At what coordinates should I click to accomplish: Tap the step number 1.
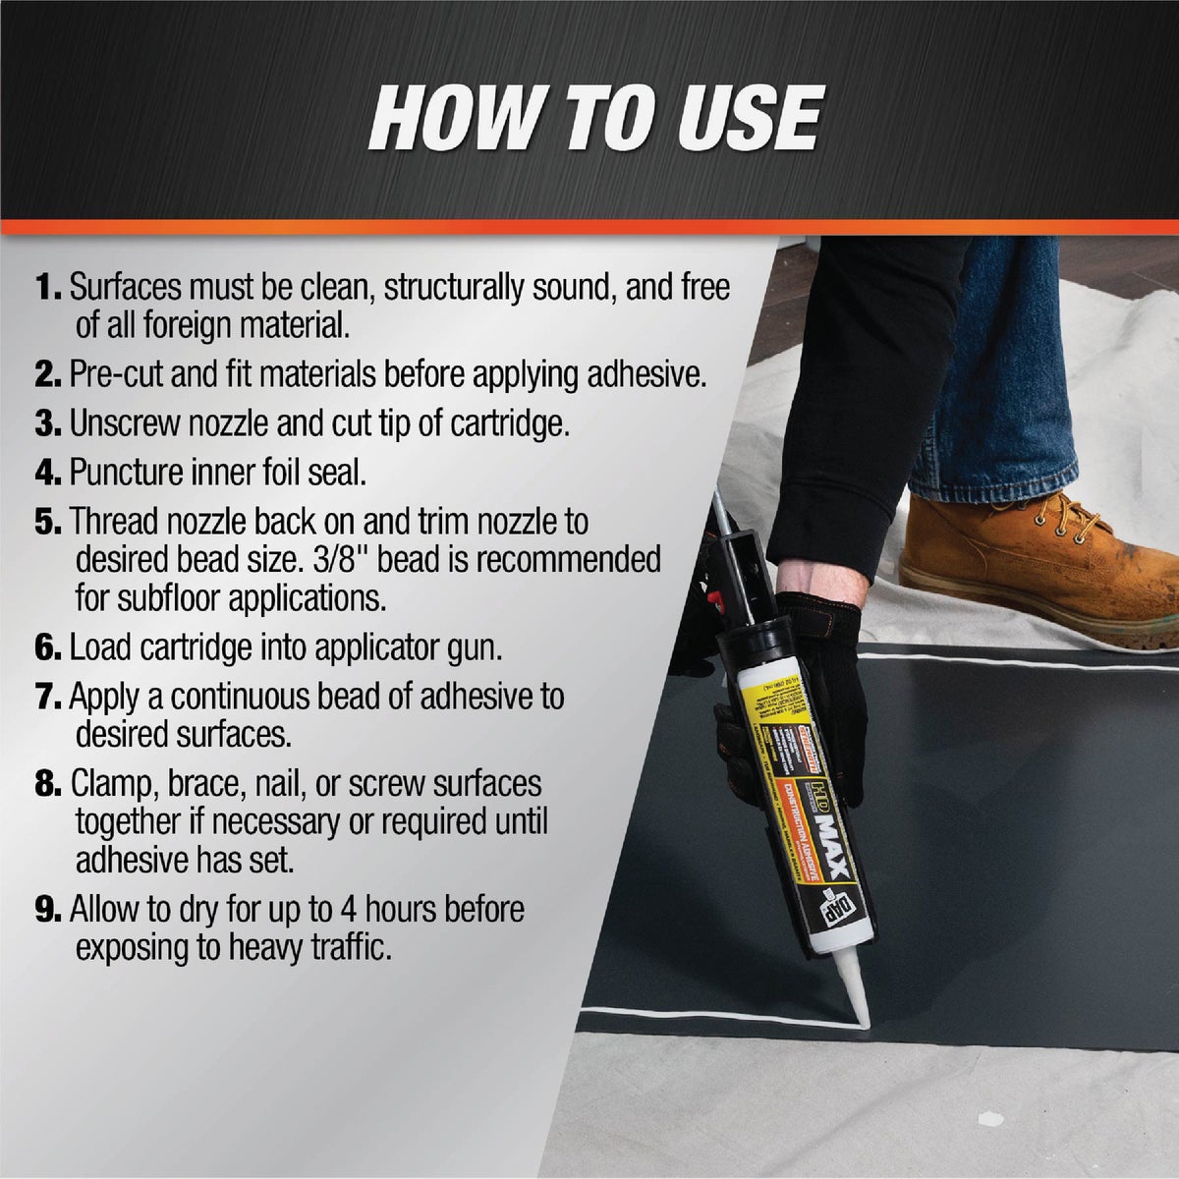47,289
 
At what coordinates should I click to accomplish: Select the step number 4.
47,473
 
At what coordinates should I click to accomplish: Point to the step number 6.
47,647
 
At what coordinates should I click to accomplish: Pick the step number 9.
47,910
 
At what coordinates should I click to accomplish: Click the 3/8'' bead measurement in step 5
365,559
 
